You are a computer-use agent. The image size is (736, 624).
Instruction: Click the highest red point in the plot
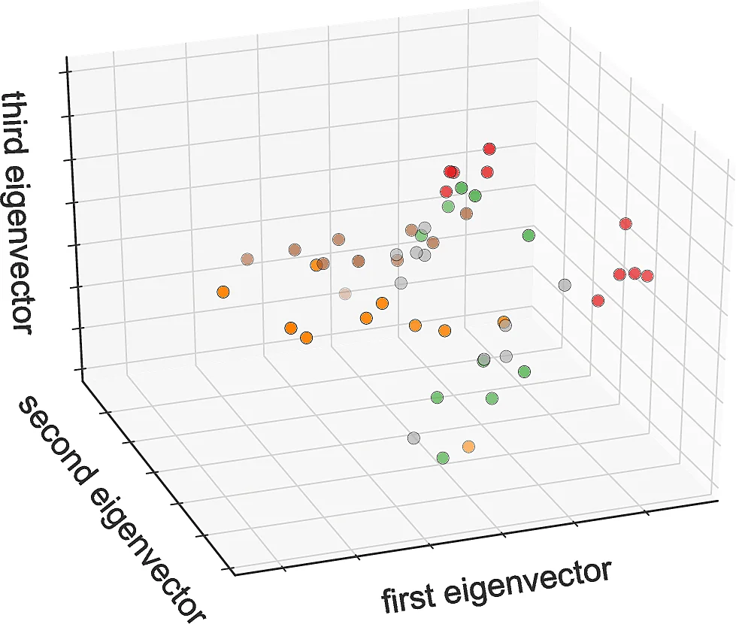coord(490,149)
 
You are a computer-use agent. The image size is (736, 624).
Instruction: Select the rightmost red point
coord(647,276)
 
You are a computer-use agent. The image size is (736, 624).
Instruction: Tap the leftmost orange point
coord(223,292)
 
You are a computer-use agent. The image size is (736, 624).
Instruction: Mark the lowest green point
coord(443,456)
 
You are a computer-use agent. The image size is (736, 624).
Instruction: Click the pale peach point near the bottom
coord(469,447)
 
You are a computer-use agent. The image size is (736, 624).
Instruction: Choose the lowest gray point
coord(413,438)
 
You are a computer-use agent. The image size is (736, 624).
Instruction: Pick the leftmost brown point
coord(247,259)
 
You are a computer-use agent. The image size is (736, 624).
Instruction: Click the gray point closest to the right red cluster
coord(565,285)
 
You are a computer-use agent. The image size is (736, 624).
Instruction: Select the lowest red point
coord(598,301)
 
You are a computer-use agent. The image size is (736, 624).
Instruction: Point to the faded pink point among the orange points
coord(345,293)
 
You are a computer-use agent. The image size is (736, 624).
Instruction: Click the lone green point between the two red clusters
coord(529,235)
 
